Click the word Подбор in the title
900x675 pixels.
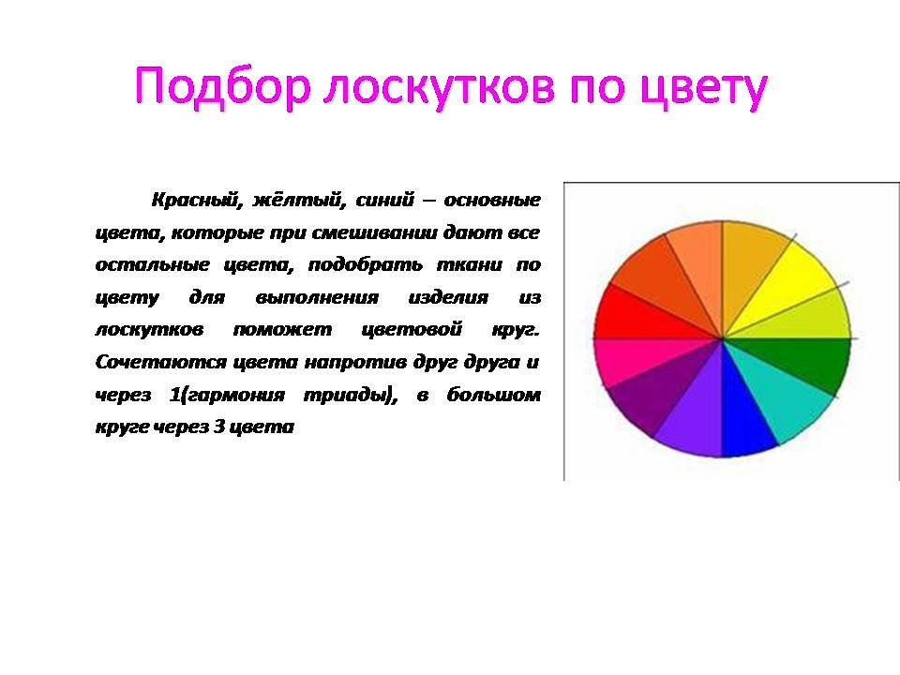point(223,87)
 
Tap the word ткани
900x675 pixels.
point(470,264)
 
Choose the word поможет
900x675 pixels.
point(282,329)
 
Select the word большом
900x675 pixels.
point(494,395)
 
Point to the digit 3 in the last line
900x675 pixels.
point(218,427)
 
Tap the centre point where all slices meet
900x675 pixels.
point(722,338)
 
